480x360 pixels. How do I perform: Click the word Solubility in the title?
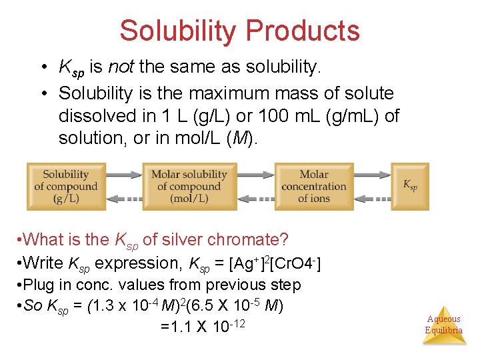pyautogui.click(x=178, y=31)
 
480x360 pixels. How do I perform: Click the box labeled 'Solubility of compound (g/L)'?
pyautogui.click(x=65, y=186)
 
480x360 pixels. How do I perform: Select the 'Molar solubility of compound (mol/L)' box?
pyautogui.click(x=189, y=186)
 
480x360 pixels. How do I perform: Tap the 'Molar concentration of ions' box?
pyautogui.click(x=313, y=186)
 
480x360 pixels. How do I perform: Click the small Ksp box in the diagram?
pyautogui.click(x=410, y=186)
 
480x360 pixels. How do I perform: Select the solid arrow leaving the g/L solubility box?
pyautogui.click(x=123, y=175)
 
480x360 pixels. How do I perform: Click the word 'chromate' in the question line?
pyautogui.click(x=255, y=239)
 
